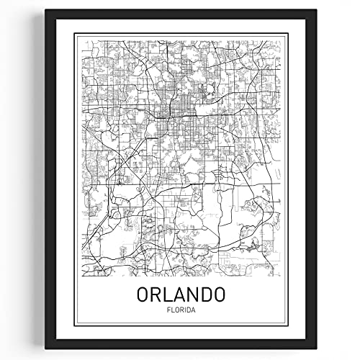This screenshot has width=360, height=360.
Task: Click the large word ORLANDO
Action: tap(180, 296)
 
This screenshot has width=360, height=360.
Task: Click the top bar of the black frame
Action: tap(180, 13)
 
